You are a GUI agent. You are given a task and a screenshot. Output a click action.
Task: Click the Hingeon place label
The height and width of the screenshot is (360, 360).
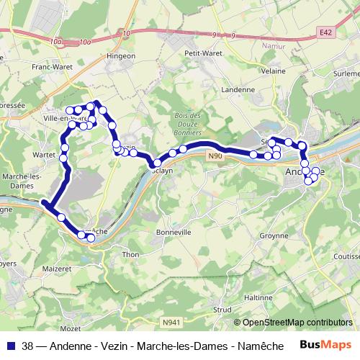120,55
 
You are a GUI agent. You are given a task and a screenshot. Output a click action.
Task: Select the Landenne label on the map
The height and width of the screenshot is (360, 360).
239,90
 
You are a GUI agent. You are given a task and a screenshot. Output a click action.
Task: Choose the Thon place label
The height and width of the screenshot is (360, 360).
131,254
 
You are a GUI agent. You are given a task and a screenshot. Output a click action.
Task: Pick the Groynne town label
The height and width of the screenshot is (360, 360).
273,235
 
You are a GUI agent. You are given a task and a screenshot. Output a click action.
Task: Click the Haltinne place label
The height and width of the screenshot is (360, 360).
258,297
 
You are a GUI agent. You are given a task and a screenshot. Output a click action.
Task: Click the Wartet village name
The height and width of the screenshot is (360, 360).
45,154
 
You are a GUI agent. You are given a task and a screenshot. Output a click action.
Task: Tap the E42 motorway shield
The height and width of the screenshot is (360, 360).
326,32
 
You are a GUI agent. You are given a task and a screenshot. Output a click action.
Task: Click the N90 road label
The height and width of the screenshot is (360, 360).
215,156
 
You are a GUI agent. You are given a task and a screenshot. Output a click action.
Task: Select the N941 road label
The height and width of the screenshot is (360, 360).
171,322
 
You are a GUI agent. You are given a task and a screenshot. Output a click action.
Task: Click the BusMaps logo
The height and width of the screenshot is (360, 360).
326,344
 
